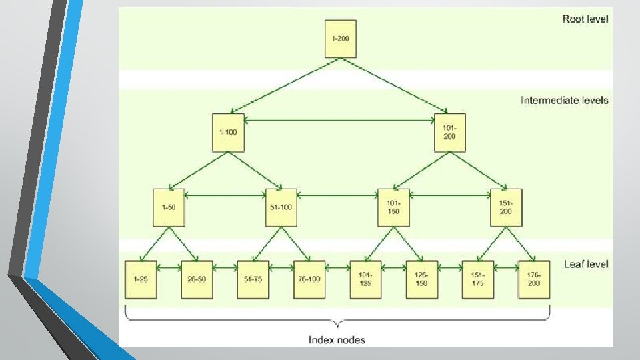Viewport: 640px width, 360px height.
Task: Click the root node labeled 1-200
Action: coord(340,39)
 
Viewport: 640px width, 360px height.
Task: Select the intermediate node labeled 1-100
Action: coord(228,132)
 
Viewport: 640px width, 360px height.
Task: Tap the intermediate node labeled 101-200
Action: coord(449,132)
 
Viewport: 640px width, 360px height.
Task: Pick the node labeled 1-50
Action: coord(169,207)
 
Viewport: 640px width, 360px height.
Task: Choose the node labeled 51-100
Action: coord(281,207)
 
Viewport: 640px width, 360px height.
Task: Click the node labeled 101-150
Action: coord(393,207)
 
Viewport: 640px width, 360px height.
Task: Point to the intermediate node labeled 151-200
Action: coord(506,207)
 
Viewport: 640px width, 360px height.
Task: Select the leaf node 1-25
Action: coord(140,279)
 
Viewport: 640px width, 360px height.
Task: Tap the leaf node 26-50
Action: coord(197,279)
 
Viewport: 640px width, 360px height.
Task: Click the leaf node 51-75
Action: coord(253,279)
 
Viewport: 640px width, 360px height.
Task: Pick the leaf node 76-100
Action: coord(309,279)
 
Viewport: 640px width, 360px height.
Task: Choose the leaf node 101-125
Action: coord(365,279)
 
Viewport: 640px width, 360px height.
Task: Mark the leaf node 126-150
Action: coord(421,279)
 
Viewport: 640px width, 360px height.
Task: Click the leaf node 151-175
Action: coord(478,279)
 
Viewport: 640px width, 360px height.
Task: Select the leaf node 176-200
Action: coord(534,279)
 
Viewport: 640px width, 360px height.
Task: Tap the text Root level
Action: coord(585,19)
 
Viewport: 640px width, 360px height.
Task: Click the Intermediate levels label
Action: coord(564,101)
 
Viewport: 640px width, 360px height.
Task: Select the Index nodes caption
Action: coord(337,340)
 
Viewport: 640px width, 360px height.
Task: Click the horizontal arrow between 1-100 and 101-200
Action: coord(339,121)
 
